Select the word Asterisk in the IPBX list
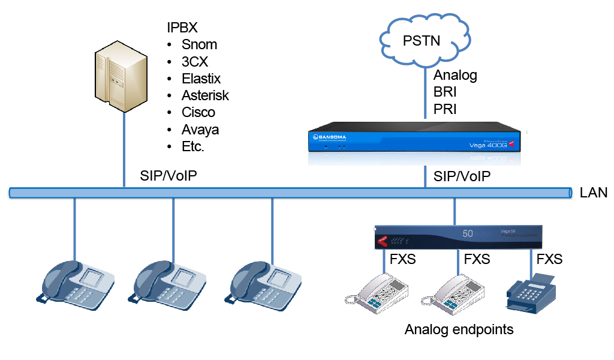pyautogui.click(x=205, y=95)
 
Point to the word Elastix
pyautogui.click(x=201, y=79)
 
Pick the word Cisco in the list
pyautogui.click(x=198, y=113)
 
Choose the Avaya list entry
pyautogui.click(x=200, y=130)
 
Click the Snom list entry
pyautogui.click(x=199, y=45)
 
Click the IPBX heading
pyautogui.click(x=182, y=28)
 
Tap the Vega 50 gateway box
pyautogui.click(x=458, y=236)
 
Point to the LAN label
pyautogui.click(x=594, y=193)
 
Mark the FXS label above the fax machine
pyautogui.click(x=549, y=260)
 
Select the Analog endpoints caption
pyautogui.click(x=459, y=329)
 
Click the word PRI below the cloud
pyautogui.click(x=446, y=110)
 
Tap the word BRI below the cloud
pyautogui.click(x=446, y=92)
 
